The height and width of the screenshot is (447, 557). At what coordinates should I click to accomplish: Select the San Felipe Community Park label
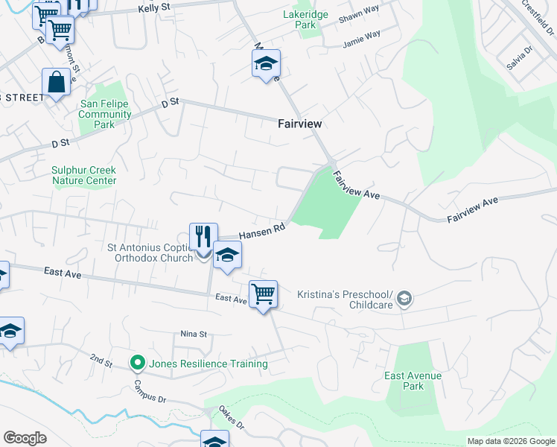click(105, 115)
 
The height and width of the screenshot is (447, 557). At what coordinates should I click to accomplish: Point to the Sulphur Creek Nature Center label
click(84, 175)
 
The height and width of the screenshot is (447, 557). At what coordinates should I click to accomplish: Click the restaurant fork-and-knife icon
click(203, 238)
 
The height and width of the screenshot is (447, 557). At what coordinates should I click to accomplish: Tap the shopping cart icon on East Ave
click(263, 294)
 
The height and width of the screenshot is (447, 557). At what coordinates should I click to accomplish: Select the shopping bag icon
click(57, 83)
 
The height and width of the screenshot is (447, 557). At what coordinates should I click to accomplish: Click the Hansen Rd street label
click(262, 232)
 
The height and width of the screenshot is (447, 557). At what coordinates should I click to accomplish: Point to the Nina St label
click(193, 335)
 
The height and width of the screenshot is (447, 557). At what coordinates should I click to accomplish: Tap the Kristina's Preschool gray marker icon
click(404, 299)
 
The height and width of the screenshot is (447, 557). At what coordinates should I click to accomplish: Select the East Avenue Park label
click(413, 381)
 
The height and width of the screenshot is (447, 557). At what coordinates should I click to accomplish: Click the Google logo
click(25, 438)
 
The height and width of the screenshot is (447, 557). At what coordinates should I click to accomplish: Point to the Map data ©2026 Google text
click(510, 441)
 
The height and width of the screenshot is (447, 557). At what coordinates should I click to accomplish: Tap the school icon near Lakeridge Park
click(266, 64)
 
